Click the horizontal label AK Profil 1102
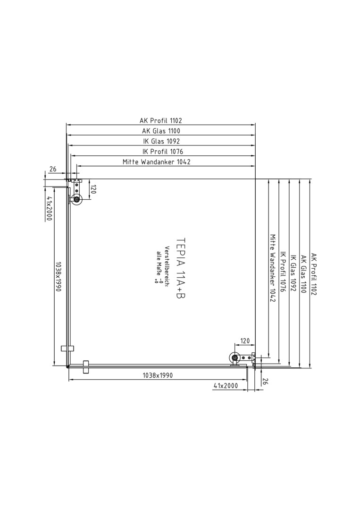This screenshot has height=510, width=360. pos(161,121)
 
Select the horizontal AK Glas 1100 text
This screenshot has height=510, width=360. pos(161,131)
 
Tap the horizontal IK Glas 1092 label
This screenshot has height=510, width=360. pos(161,141)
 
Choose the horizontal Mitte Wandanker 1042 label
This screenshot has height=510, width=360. pos(157,162)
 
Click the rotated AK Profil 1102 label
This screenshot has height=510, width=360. pos(314,274)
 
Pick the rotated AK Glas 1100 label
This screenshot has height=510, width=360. pos(303,274)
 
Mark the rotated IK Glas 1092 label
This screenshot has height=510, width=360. pos(293,273)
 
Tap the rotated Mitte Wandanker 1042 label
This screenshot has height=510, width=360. pos(273,268)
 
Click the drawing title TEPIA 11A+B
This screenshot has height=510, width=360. pos(181,268)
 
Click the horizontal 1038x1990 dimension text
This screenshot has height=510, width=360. pos(158,375)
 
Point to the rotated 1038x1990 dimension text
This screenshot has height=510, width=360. pos(59,276)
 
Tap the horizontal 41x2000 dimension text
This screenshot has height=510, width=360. pos(226,386)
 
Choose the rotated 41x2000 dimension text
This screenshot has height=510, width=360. pos(49,209)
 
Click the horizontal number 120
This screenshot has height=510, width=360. pos(245,341)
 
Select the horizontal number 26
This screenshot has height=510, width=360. pos(53,169)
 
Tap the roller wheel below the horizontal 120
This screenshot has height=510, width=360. pos(234,358)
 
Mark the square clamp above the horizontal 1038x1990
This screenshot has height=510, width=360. pos(86,367)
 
